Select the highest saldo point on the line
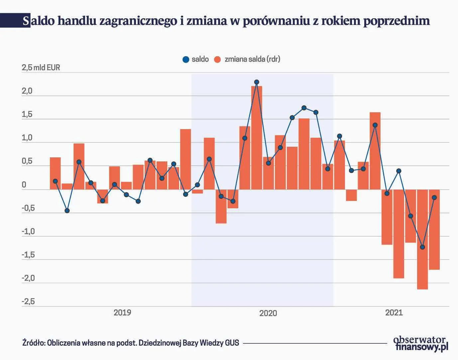(257, 82)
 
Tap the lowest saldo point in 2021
(422, 247)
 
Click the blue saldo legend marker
(186, 60)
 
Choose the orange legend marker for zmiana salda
(218, 60)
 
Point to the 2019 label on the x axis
(122, 313)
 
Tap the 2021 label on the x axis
(394, 313)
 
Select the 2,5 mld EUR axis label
(41, 68)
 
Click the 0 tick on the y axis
(24, 185)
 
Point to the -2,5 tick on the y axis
(28, 302)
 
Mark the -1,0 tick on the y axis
(28, 232)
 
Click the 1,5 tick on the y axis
(27, 115)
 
